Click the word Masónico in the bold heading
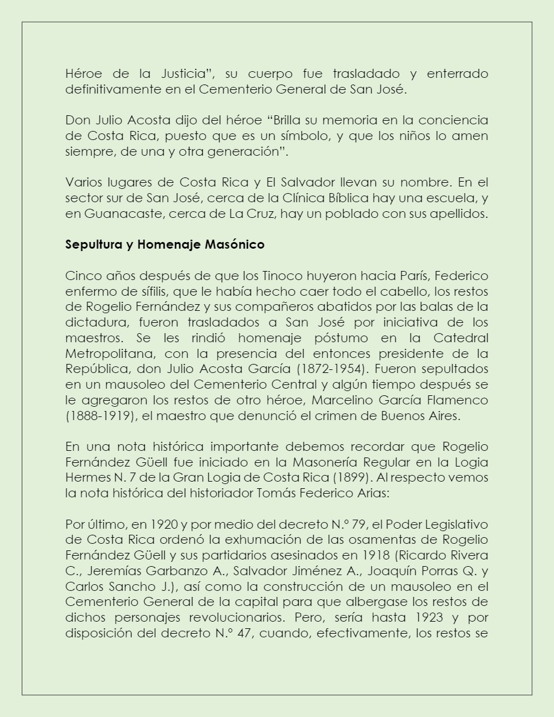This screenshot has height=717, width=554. coord(234,245)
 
